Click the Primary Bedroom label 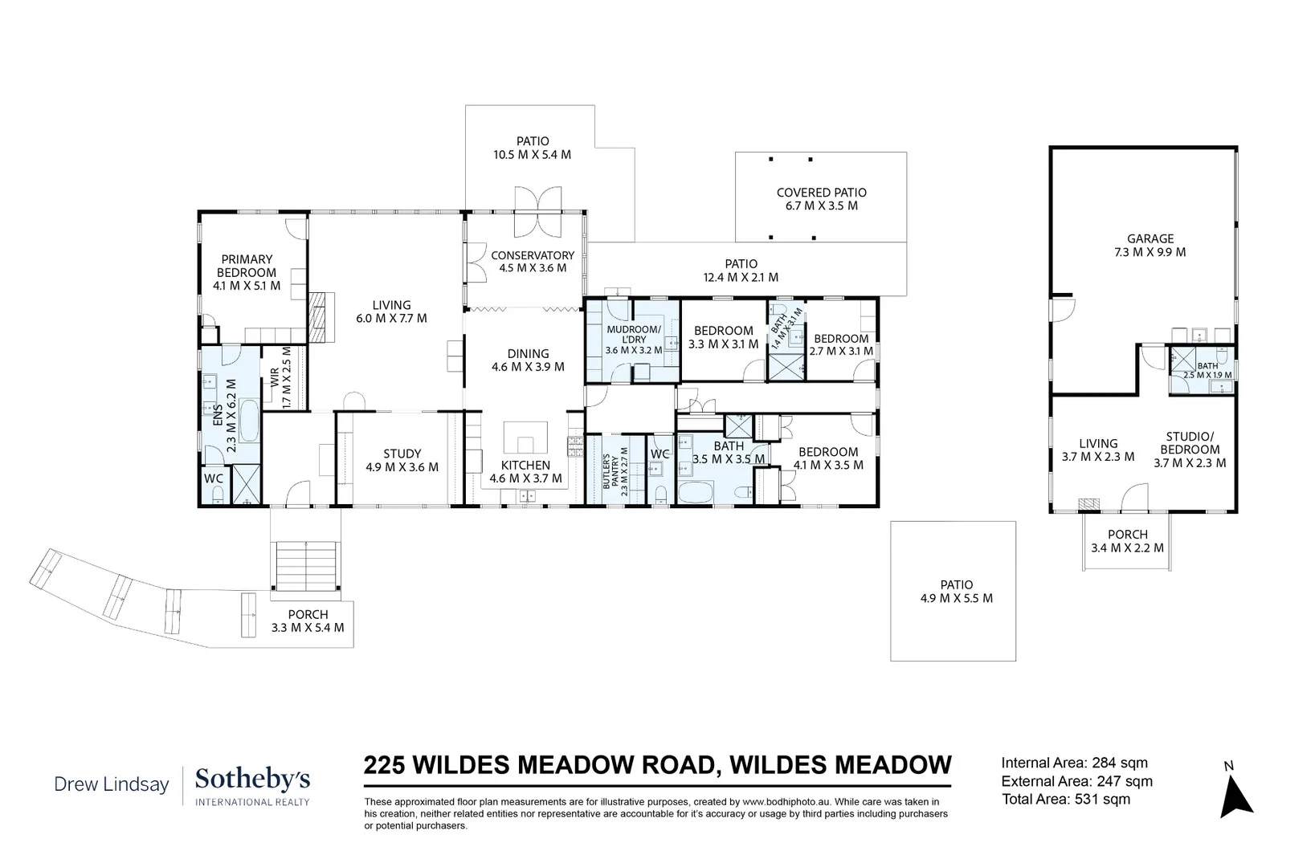click(x=247, y=272)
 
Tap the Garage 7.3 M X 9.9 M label click(x=1150, y=245)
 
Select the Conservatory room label click(x=533, y=262)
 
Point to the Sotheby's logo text click(x=252, y=779)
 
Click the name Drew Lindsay click(x=111, y=784)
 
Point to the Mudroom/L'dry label click(x=634, y=340)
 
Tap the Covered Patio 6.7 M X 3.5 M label click(x=821, y=199)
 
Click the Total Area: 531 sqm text click(x=1065, y=800)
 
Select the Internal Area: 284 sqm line click(x=1074, y=763)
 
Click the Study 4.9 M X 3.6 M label click(x=402, y=460)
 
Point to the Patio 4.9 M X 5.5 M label click(x=956, y=592)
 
